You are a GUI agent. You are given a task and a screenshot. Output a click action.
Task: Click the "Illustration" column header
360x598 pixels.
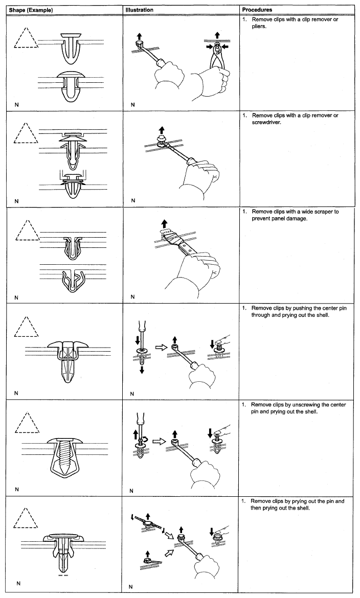coord(141,10)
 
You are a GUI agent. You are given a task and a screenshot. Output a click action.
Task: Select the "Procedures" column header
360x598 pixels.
coord(257,10)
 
